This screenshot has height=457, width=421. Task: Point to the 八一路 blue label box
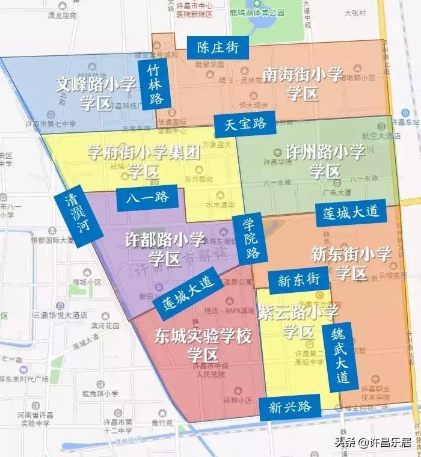tap(147, 198)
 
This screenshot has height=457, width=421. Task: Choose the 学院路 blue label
tap(251, 238)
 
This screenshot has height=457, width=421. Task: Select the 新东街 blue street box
tap(298, 280)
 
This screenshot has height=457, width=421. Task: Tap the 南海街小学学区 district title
tap(302, 83)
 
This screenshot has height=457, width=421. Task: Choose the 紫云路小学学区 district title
tap(298, 321)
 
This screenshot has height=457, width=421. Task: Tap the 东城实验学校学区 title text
tap(203, 343)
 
